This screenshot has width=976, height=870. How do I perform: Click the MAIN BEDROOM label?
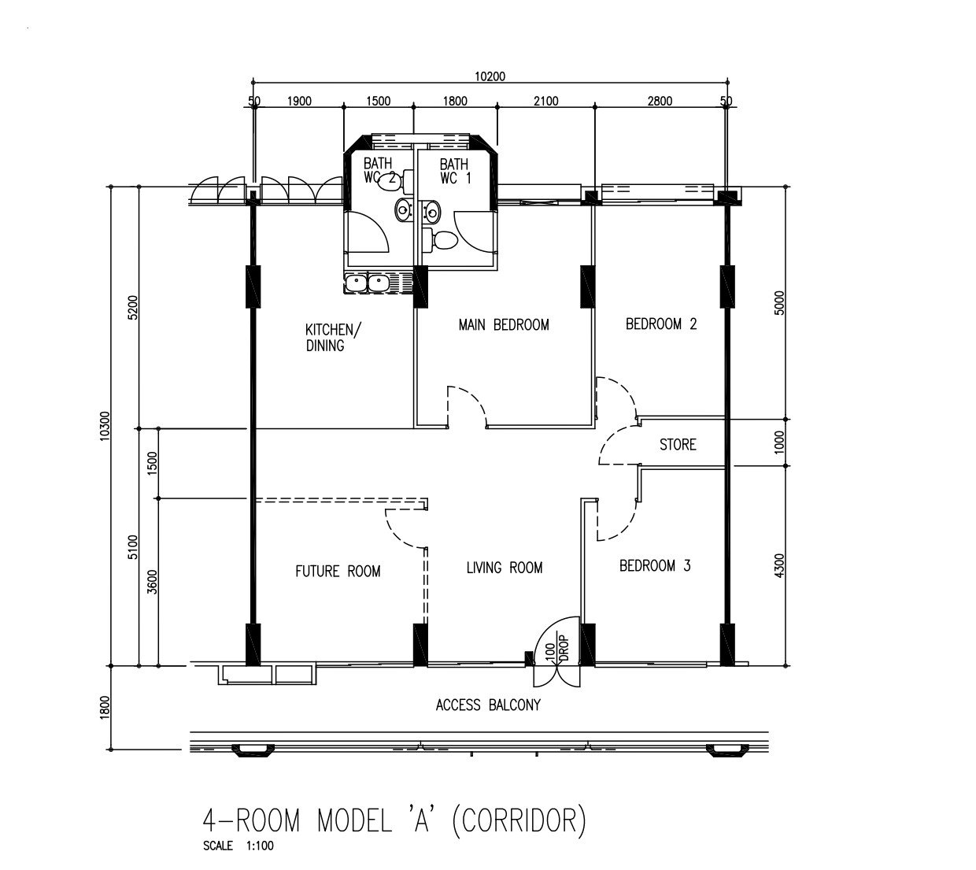(x=504, y=324)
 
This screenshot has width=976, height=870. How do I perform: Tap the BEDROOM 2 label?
(x=661, y=324)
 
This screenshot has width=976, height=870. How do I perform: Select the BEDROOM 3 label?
(x=655, y=565)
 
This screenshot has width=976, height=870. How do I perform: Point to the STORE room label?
(x=678, y=445)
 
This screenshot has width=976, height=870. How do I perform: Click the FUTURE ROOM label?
(x=338, y=571)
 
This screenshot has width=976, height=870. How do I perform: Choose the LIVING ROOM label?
(x=504, y=568)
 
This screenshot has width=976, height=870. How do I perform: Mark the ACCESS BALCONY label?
(x=488, y=705)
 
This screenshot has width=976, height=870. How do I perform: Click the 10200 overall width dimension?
(x=490, y=76)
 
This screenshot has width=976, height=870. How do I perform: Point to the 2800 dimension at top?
(x=660, y=101)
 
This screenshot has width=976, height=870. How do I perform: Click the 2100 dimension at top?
(x=545, y=101)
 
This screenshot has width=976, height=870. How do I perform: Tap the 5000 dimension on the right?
(x=779, y=303)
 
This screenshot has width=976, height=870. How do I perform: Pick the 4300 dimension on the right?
(x=779, y=565)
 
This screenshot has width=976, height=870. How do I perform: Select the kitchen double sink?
(x=368, y=283)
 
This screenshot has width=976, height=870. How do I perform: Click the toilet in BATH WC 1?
(x=442, y=240)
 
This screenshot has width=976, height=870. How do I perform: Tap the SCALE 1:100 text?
(x=238, y=846)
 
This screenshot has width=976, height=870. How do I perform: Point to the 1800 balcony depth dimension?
(x=105, y=707)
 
